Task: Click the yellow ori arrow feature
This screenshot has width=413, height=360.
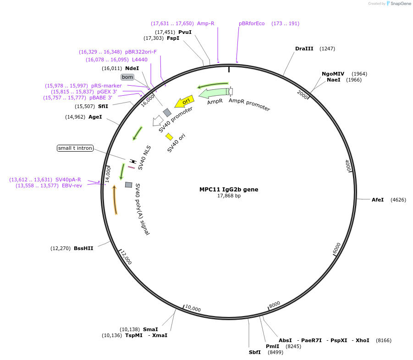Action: [185, 101]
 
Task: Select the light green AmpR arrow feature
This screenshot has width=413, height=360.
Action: [213, 93]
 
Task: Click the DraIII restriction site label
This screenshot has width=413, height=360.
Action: [304, 49]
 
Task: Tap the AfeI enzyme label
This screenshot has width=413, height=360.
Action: [378, 200]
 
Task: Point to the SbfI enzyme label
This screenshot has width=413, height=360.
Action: [255, 352]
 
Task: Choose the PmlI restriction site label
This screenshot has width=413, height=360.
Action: [272, 346]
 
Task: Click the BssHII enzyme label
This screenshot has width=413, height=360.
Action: [83, 248]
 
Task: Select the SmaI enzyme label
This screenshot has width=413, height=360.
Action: [150, 329]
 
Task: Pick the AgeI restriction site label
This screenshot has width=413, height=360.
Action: [95, 117]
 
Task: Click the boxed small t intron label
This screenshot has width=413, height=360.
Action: [75, 148]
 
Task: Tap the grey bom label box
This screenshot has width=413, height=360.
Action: [127, 77]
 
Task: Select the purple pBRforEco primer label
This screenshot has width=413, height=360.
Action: [252, 23]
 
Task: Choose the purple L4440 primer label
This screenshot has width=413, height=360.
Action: [140, 60]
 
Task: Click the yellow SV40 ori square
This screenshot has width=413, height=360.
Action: [169, 136]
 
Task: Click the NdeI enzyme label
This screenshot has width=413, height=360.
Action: [132, 68]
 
